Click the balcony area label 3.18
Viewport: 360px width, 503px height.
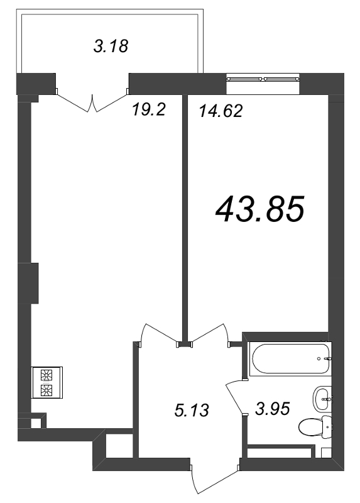(x=111, y=46)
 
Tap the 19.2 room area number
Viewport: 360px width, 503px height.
(x=148, y=110)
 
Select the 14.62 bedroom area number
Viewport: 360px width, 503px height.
(x=221, y=111)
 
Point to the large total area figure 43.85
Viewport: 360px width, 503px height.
(x=259, y=210)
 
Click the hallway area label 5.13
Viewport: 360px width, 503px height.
(x=192, y=411)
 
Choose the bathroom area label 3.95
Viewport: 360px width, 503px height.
(x=273, y=409)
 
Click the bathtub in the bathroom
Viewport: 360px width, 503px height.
(x=291, y=358)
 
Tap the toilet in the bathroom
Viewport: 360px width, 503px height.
(x=315, y=426)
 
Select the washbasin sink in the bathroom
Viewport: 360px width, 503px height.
(x=322, y=398)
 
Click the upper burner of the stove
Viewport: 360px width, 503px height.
(x=46, y=375)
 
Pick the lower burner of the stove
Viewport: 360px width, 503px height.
(x=46, y=390)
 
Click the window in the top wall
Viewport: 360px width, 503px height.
(x=263, y=78)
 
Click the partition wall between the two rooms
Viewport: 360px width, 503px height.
(x=185, y=218)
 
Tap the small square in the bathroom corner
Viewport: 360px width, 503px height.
(x=326, y=453)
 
